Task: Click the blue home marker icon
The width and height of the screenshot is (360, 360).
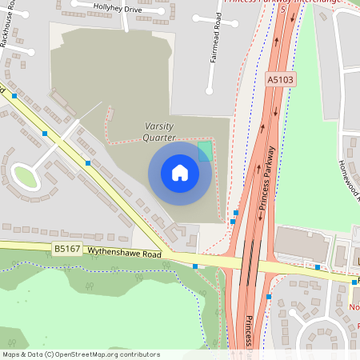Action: click(180, 173)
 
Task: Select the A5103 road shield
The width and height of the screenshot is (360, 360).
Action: click(280, 80)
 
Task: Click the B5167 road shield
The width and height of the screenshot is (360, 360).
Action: click(66, 250)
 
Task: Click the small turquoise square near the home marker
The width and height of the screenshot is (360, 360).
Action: click(205, 150)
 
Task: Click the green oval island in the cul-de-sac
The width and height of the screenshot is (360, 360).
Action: click(27, 177)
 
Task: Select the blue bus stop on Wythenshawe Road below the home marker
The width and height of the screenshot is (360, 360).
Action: click(195, 266)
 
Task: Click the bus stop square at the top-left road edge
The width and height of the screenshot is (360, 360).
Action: click(14, 96)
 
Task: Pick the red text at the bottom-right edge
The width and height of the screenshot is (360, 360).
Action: click(354, 307)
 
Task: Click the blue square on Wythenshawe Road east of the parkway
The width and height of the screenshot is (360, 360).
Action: click(318, 267)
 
